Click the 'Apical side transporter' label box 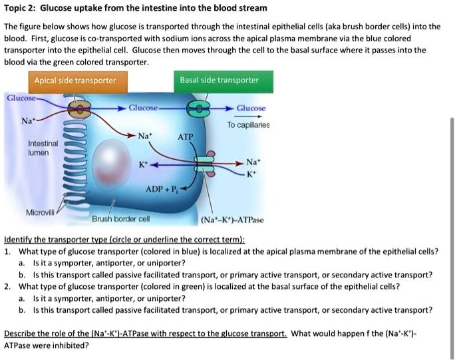(x=75, y=81)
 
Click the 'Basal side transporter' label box (x=219, y=81)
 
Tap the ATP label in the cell (x=185, y=136)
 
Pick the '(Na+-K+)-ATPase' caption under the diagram (x=232, y=220)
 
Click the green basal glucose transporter (x=200, y=108)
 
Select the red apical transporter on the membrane (x=79, y=108)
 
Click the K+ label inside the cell (x=143, y=163)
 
